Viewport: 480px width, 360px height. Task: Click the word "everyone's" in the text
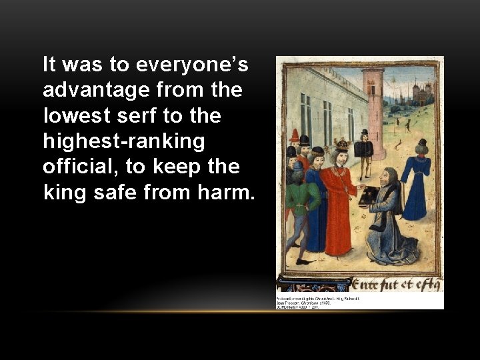click(x=192, y=65)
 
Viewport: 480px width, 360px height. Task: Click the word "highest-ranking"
click(x=124, y=141)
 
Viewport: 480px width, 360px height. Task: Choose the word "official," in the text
click(x=79, y=166)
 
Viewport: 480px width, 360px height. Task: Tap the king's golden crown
click(x=342, y=145)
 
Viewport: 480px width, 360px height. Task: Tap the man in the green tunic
click(x=299, y=207)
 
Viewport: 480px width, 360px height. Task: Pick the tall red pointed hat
click(x=295, y=136)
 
